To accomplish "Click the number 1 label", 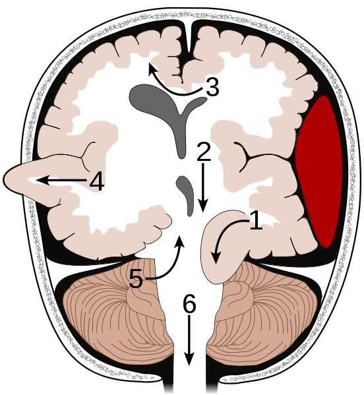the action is (256, 221).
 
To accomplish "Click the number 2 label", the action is (204, 152).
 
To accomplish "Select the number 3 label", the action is (212, 87).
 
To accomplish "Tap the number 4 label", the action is (97, 181).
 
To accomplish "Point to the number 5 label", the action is (136, 278).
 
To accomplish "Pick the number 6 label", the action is (189, 304).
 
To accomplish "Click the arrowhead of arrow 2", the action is (203, 205).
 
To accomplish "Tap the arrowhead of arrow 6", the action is (189, 359).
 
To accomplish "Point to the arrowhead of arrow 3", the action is (152, 69).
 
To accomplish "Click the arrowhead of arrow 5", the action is (179, 242).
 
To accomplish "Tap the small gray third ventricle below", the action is (186, 194).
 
